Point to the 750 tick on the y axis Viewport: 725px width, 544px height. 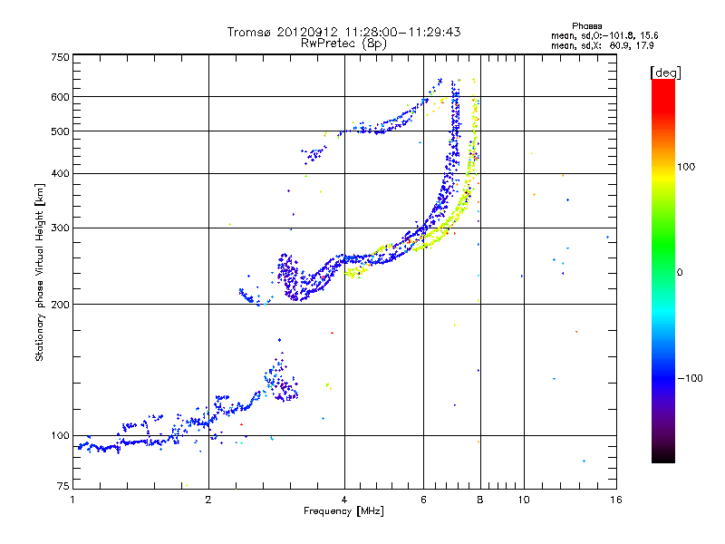pos(60,56)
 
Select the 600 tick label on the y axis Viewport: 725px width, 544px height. pos(60,97)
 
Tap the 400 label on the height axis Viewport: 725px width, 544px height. pos(60,173)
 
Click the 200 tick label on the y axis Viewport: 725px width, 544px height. pos(60,305)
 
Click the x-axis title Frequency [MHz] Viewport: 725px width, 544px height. pos(343,512)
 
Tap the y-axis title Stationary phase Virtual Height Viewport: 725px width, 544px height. pos(40,272)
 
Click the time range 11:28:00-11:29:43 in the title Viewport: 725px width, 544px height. pos(400,32)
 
